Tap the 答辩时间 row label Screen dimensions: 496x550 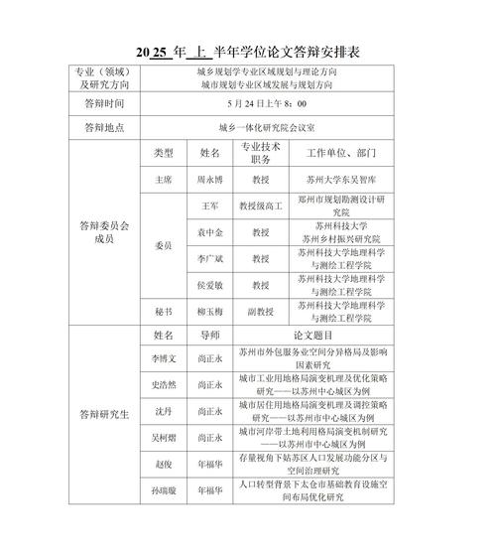104,102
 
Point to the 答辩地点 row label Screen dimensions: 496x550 104,127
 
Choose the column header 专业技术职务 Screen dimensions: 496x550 261,154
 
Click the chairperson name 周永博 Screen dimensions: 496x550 209,181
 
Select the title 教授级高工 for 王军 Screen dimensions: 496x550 261,206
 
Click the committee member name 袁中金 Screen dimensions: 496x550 209,232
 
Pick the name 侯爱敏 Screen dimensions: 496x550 209,285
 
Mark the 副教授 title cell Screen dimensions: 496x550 261,311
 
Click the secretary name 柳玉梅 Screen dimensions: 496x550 209,311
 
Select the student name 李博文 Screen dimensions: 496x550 163,357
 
